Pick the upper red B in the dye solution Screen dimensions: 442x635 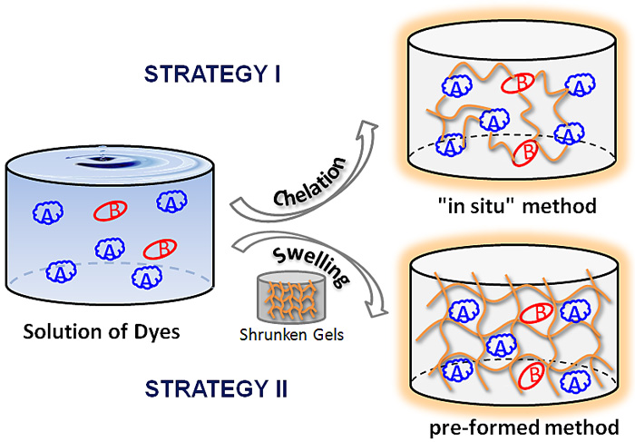(108, 212)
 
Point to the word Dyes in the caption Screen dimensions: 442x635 (160, 332)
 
